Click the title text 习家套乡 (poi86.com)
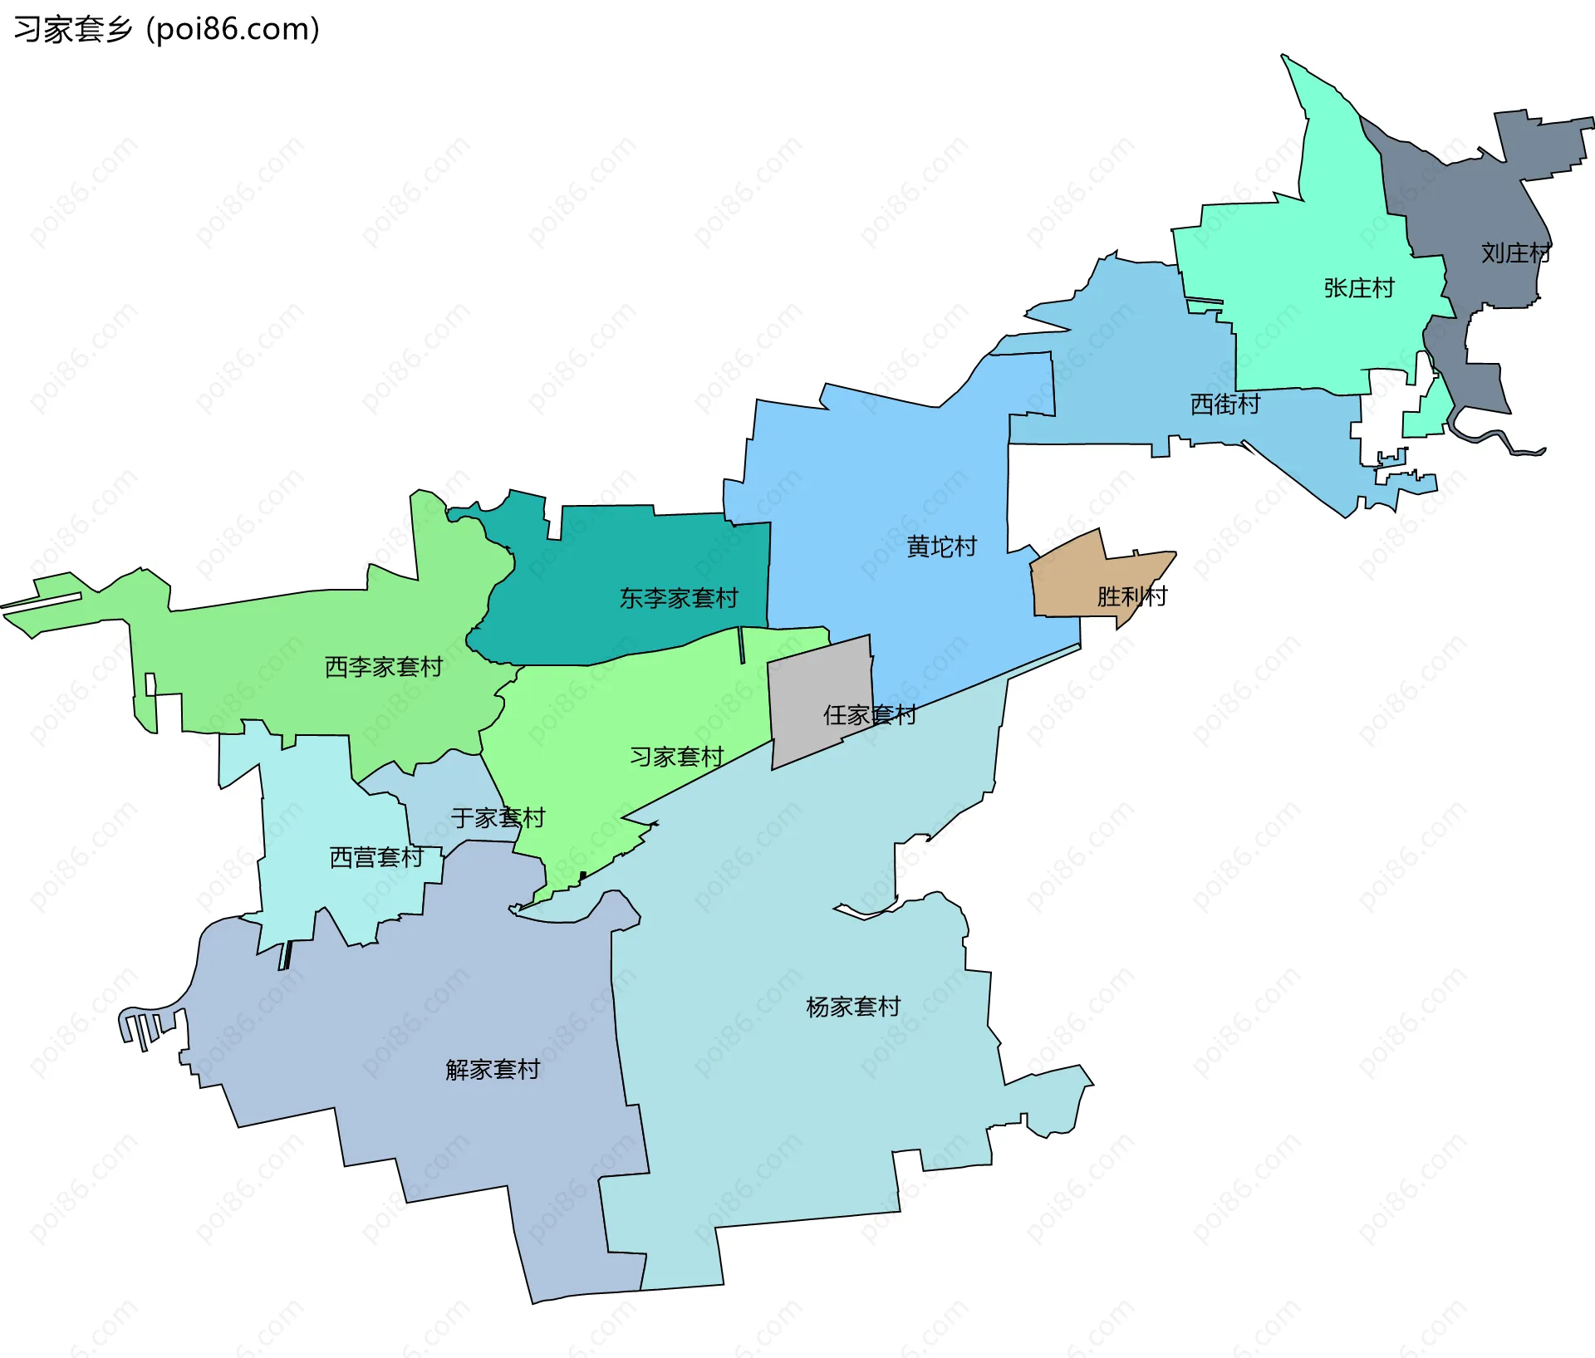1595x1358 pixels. [166, 30]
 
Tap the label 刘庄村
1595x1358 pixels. [1515, 253]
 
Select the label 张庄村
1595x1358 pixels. [1358, 288]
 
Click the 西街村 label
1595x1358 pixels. [1224, 404]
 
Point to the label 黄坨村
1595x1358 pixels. [941, 547]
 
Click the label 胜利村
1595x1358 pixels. [1131, 596]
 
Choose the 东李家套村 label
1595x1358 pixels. [679, 598]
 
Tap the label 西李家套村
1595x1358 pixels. [383, 667]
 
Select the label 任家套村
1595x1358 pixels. [869, 715]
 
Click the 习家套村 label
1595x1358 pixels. [676, 757]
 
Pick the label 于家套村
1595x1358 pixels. [498, 818]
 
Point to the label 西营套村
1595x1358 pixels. [376, 857]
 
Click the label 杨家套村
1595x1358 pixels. [853, 1007]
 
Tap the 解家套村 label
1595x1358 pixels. [493, 1070]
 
